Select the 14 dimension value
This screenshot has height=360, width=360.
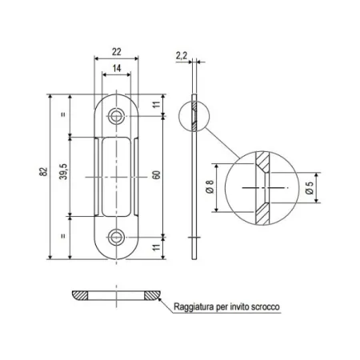tap(118, 70)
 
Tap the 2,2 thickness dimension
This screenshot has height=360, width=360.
tap(181, 55)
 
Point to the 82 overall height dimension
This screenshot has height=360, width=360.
tap(42, 173)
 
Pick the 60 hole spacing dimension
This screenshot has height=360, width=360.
tap(158, 174)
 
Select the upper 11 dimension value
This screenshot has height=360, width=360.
tap(158, 104)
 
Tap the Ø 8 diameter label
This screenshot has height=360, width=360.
tap(209, 187)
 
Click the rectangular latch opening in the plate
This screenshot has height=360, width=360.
tap(118, 176)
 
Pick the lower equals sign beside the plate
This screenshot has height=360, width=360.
tap(62, 238)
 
